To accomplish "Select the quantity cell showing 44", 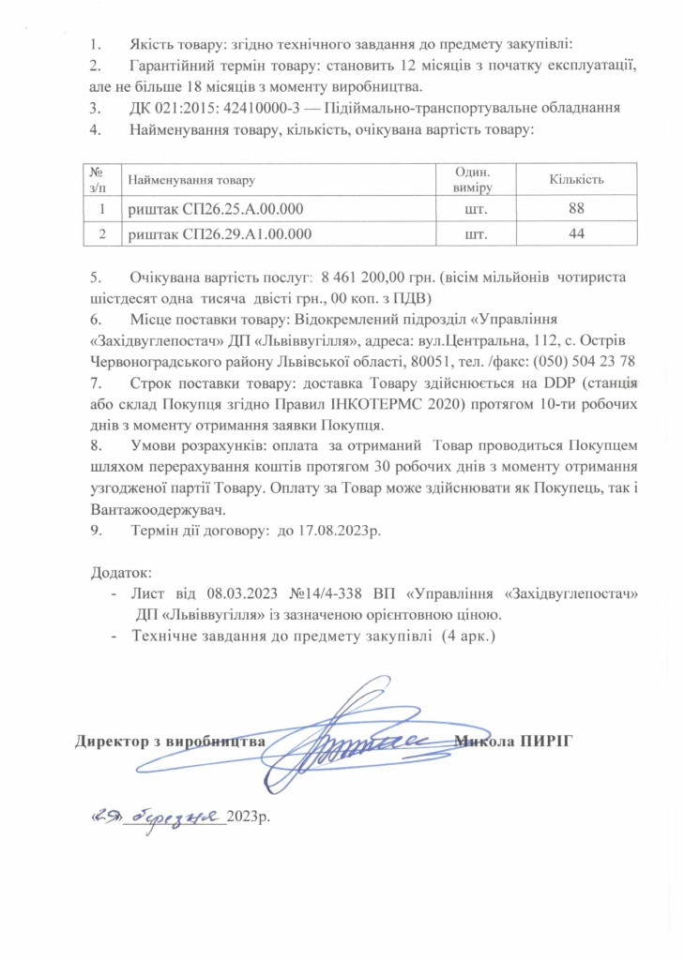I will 576,233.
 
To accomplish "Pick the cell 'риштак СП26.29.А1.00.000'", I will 220,233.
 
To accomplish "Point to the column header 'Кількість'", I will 575,179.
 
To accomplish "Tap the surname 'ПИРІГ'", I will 544,742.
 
